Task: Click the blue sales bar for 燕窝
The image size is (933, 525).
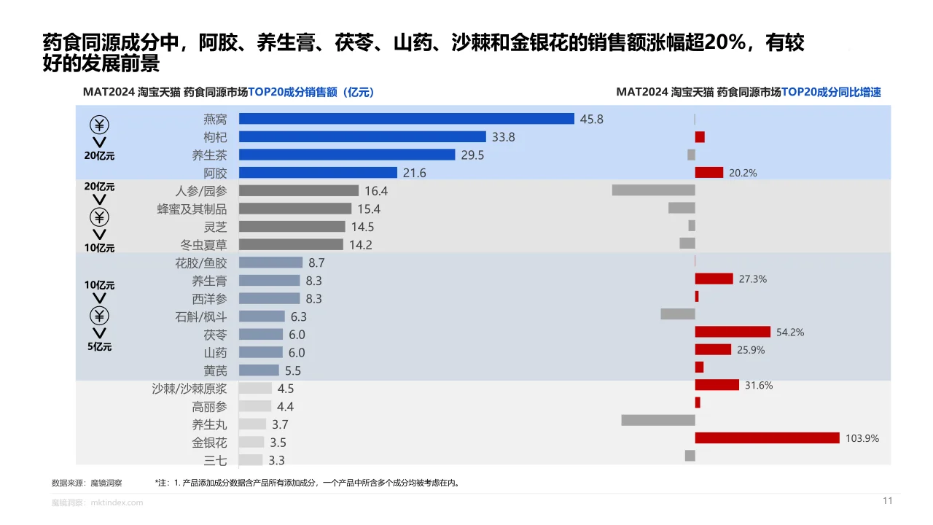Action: click(x=406, y=119)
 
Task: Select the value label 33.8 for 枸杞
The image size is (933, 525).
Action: click(x=503, y=137)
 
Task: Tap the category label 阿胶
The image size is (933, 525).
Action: click(x=215, y=173)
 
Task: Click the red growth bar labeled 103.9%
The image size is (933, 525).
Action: click(x=767, y=438)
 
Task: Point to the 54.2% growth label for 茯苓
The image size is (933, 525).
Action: click(x=790, y=332)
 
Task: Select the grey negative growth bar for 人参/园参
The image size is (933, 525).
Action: click(x=653, y=190)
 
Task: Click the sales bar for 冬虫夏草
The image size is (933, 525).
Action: click(x=291, y=244)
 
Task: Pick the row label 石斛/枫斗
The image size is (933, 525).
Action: click(x=200, y=316)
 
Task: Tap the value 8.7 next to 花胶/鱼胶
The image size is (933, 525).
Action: click(x=316, y=262)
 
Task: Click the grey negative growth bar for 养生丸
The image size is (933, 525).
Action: click(x=657, y=420)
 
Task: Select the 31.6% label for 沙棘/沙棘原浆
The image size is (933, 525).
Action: click(x=759, y=386)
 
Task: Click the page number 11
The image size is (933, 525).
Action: click(x=887, y=501)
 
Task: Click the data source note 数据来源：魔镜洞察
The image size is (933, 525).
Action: click(x=87, y=483)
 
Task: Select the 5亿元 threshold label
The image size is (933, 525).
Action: click(x=100, y=347)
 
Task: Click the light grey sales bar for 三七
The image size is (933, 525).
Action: click(x=251, y=460)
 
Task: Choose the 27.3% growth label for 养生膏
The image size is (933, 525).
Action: click(x=752, y=279)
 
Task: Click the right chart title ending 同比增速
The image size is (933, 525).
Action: click(x=748, y=92)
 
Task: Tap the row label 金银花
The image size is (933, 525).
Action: click(x=209, y=443)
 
